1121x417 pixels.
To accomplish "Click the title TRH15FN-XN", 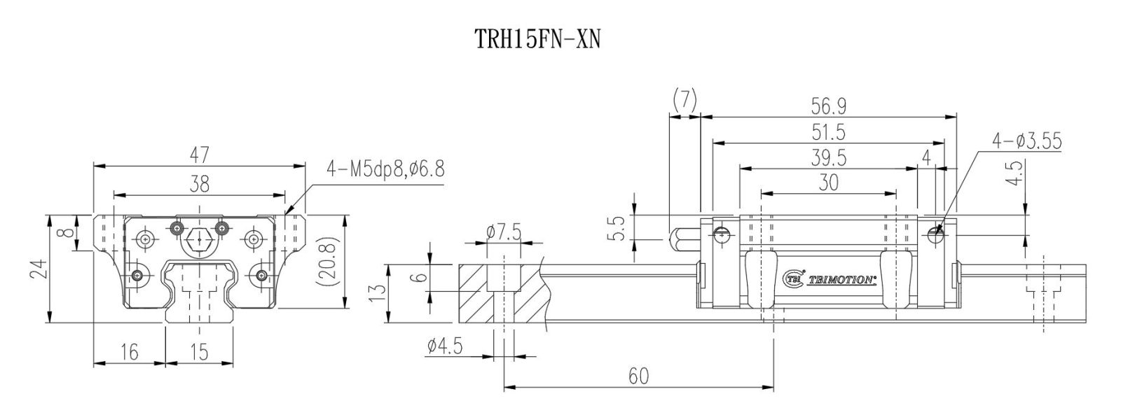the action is pyautogui.click(x=537, y=39).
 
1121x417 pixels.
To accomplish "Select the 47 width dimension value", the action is pyautogui.click(x=200, y=155).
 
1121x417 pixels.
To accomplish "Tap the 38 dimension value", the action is pyautogui.click(x=200, y=185).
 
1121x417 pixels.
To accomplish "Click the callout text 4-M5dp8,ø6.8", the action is pyautogui.click(x=385, y=169).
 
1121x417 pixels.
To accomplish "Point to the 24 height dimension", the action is pyautogui.click(x=39, y=269).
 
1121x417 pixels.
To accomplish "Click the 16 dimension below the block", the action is pyautogui.click(x=130, y=353).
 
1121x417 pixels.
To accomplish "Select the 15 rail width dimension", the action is pyautogui.click(x=199, y=353).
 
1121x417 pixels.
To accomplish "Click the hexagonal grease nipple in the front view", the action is pyautogui.click(x=199, y=240).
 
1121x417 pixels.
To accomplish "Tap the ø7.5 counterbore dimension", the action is pyautogui.click(x=504, y=232).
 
